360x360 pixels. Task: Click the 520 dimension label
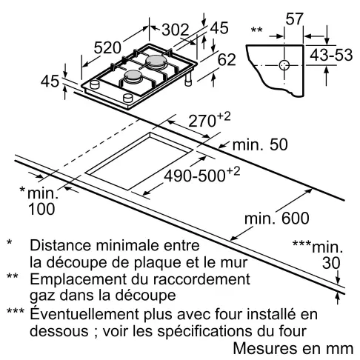click(107, 47)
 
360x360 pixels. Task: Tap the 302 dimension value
click(176, 30)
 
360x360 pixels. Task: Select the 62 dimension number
click(227, 59)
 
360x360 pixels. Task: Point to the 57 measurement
click(294, 19)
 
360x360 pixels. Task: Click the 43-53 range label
click(331, 55)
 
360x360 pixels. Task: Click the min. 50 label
click(260, 144)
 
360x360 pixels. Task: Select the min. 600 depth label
click(277, 219)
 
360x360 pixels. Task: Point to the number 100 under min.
click(41, 209)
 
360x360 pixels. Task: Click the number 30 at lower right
click(331, 263)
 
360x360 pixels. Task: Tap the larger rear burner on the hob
click(156, 61)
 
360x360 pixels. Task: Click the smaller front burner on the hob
click(133, 76)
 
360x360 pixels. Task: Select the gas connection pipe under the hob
click(188, 79)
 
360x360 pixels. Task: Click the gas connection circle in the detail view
click(284, 65)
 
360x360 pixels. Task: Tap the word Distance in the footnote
click(61, 245)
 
